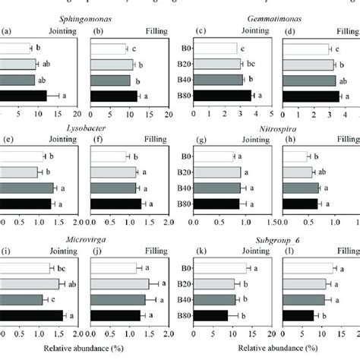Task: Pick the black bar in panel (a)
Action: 24,95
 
